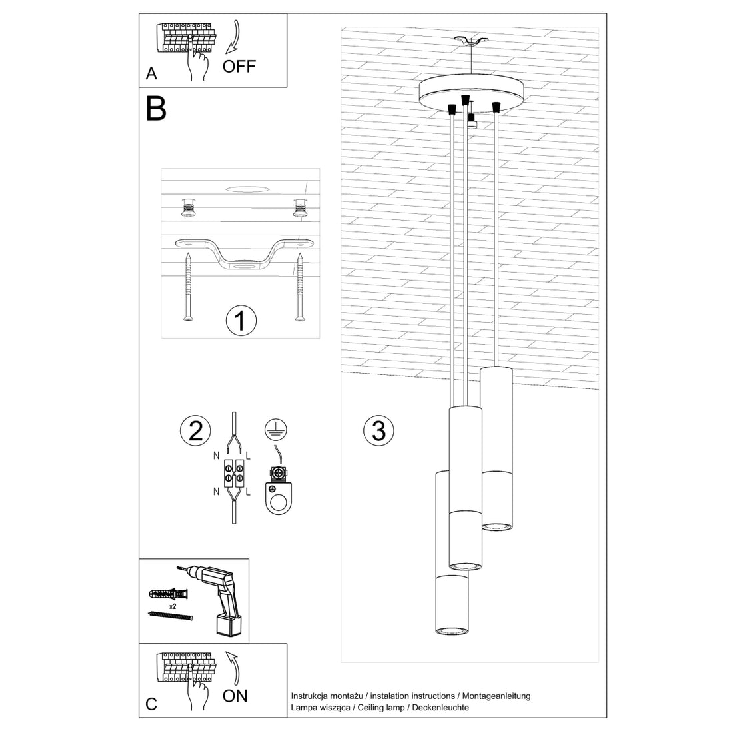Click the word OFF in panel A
(239, 66)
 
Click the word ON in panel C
(235, 696)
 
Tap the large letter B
(156, 109)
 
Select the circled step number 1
(241, 321)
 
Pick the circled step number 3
(378, 430)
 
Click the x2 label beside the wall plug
(173, 607)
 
